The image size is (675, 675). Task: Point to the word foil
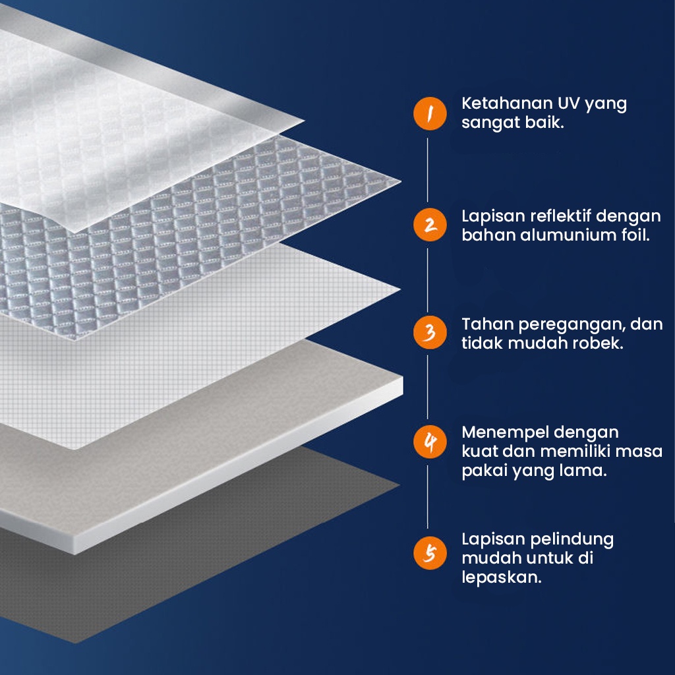point(634,235)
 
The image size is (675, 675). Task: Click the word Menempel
point(503,433)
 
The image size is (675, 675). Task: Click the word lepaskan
point(501,577)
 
